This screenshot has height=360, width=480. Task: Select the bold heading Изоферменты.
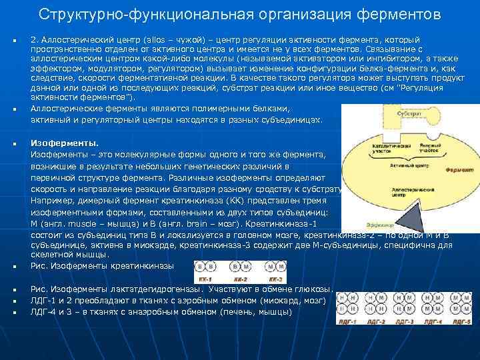64,143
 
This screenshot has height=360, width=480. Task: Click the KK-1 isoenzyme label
205,279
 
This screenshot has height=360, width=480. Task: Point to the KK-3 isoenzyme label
274,279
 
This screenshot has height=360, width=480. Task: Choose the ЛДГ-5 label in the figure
462,322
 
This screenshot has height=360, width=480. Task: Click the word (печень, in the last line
235,311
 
